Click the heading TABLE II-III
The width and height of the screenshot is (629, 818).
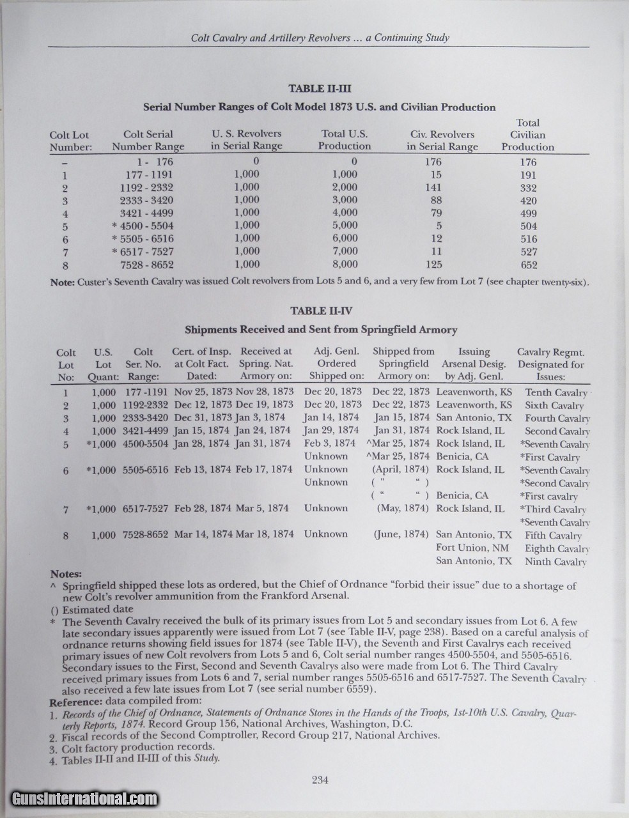(x=320, y=89)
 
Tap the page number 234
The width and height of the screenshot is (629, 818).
(x=320, y=779)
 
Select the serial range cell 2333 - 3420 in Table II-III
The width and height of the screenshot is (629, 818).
(x=146, y=200)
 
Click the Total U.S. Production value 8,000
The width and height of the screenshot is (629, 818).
(x=345, y=264)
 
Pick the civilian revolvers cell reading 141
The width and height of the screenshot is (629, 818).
(x=433, y=187)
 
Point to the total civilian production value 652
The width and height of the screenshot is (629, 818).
(x=528, y=265)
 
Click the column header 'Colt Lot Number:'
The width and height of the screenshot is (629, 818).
(x=70, y=141)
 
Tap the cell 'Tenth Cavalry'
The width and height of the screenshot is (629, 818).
(x=555, y=392)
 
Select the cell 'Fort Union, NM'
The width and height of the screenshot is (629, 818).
(x=473, y=548)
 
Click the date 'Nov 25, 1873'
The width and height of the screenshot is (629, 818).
(x=203, y=391)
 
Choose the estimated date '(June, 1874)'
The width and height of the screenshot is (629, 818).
(x=401, y=534)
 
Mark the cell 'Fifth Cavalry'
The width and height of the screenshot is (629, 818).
(x=553, y=536)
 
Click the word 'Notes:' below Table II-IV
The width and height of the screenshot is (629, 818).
(x=66, y=574)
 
